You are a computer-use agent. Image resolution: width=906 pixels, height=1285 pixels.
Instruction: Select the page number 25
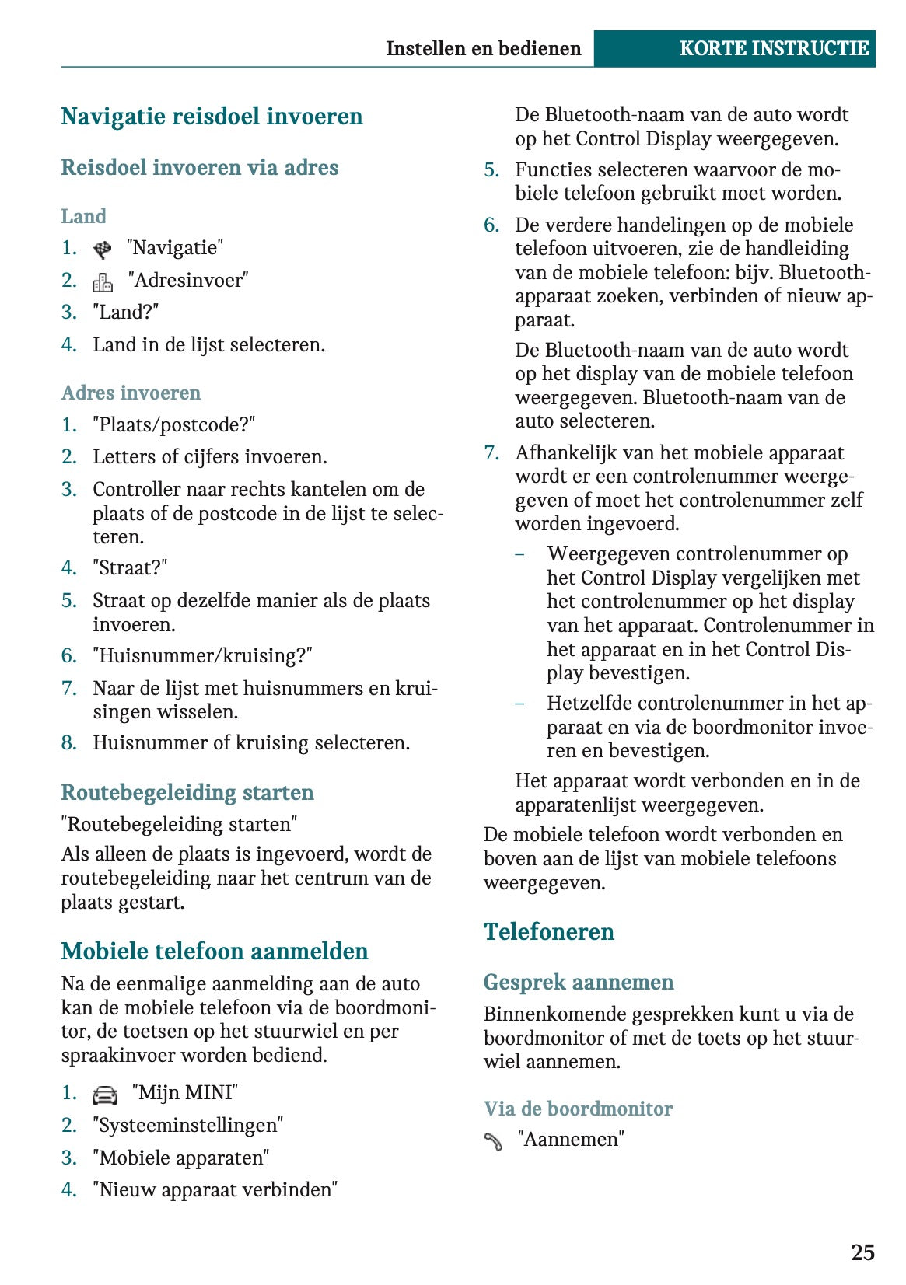(x=862, y=1252)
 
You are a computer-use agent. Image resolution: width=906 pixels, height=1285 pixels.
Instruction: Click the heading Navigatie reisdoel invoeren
(x=212, y=117)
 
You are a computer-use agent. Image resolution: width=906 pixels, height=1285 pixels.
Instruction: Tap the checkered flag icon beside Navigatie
(x=102, y=250)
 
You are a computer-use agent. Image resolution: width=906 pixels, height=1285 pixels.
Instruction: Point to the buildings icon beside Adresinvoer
(x=103, y=281)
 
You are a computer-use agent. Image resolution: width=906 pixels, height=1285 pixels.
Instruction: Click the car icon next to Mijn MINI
(x=104, y=1095)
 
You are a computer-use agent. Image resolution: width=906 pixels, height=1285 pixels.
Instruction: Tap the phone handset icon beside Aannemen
(x=493, y=1141)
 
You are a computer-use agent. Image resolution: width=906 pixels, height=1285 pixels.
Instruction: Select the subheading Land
(x=83, y=216)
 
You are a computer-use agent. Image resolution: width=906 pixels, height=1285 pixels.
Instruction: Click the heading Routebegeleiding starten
(x=187, y=792)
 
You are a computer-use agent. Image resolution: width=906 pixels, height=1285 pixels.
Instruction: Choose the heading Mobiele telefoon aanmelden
(x=215, y=951)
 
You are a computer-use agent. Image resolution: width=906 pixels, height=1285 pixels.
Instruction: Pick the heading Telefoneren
(x=548, y=931)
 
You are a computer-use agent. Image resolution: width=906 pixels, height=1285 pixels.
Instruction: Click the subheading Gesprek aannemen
(x=578, y=982)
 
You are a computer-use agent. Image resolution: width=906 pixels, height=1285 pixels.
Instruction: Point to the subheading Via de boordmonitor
(x=578, y=1109)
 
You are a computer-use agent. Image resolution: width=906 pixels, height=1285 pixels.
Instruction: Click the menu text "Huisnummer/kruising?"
(x=202, y=656)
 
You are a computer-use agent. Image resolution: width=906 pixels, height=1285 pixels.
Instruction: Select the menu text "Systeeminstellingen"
(x=187, y=1125)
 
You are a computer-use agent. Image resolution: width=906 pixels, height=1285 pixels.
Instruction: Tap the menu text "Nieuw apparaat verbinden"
(x=215, y=1189)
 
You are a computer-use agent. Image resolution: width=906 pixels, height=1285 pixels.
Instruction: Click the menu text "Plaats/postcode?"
(x=173, y=425)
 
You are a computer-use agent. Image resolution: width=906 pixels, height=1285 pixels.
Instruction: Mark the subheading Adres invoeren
(x=131, y=393)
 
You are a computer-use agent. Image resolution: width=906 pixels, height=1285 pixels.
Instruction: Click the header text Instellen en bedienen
(x=483, y=48)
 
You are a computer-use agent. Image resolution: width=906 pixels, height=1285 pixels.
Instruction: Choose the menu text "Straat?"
(x=130, y=568)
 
